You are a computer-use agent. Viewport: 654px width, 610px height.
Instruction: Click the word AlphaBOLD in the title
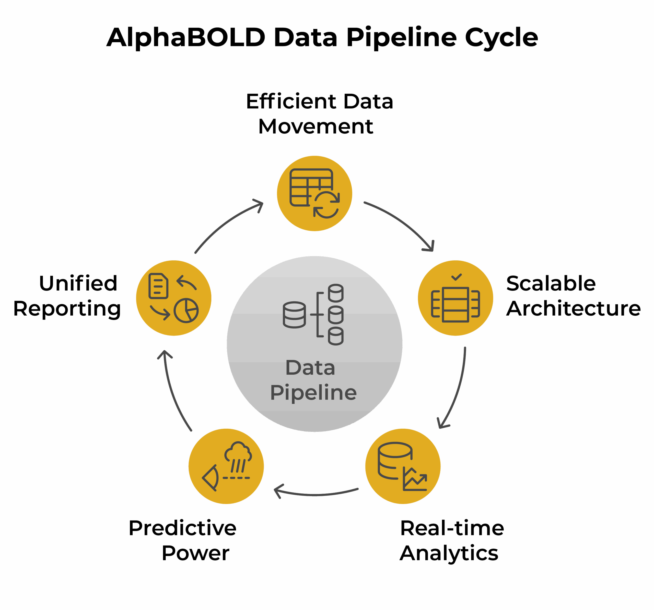coord(186,38)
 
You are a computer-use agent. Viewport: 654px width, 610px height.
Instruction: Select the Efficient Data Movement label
coord(319,114)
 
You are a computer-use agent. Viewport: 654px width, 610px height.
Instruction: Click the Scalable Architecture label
coord(573,296)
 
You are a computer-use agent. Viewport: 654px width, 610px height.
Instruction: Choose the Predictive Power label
coord(183,540)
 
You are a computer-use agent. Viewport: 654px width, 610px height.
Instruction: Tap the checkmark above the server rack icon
coord(456,277)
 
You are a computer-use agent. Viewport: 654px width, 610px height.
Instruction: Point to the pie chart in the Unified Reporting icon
coord(186,310)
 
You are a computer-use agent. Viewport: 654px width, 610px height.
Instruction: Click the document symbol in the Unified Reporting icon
coord(158,286)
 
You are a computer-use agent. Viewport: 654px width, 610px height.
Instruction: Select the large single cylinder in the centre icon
coord(294,315)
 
